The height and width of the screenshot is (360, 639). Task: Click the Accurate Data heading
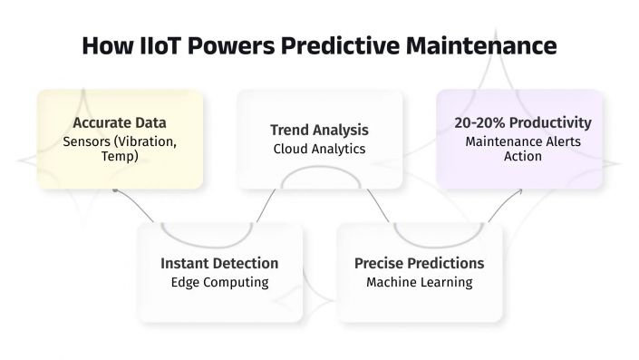[x=120, y=123]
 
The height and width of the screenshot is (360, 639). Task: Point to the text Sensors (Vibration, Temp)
[x=120, y=150]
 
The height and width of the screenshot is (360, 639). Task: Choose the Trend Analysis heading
[x=319, y=131]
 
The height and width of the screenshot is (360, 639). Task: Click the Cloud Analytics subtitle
[x=319, y=149]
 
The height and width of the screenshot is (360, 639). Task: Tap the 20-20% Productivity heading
[x=523, y=122]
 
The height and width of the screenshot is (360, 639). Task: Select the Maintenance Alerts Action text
[x=523, y=149]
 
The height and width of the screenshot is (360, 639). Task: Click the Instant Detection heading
[x=219, y=263]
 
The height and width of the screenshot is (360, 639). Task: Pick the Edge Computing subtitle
[x=219, y=282]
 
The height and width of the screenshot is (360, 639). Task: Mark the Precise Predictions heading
[x=419, y=263]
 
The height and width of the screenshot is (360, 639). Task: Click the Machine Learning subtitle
[x=419, y=282]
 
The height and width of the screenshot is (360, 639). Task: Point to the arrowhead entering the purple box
[x=523, y=191]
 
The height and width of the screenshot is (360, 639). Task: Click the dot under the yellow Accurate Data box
[x=114, y=191]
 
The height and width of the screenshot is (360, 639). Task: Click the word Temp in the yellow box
[x=120, y=157]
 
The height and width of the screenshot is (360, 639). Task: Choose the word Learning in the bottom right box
[x=447, y=282]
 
